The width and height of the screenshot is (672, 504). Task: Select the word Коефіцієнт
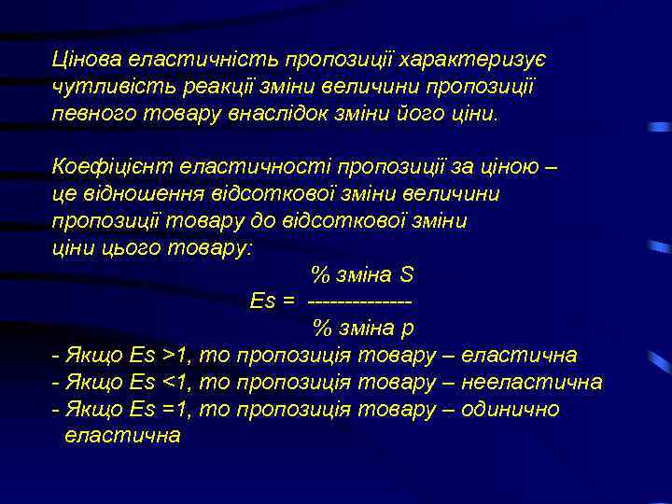coord(102,168)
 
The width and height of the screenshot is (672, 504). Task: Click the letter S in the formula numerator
coord(406,276)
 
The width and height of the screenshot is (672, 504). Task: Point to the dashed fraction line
coord(359,302)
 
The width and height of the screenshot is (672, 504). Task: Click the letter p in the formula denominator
coord(408,329)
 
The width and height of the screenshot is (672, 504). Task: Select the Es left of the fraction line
coord(262,301)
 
